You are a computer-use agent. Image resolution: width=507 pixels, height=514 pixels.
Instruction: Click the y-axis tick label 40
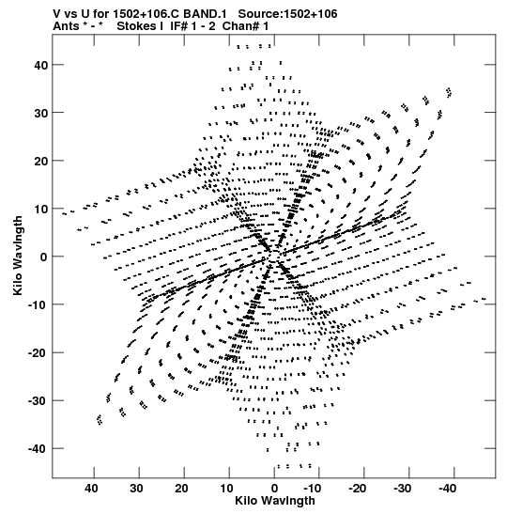pyautogui.click(x=40, y=65)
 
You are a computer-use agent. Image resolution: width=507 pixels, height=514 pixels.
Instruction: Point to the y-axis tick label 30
pyautogui.click(x=40, y=113)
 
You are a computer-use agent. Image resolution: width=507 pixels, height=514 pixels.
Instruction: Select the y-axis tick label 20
pyautogui.click(x=40, y=161)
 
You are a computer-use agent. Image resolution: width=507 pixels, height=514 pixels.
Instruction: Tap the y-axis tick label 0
pyautogui.click(x=44, y=257)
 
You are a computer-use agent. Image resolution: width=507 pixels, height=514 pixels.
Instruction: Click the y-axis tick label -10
pyautogui.click(x=38, y=304)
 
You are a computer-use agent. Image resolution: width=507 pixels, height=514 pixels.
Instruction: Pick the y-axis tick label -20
pyautogui.click(x=38, y=352)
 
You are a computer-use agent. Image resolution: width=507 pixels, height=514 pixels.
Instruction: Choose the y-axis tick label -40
pyautogui.click(x=38, y=448)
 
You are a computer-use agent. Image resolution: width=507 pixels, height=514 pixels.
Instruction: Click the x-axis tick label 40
pyautogui.click(x=91, y=489)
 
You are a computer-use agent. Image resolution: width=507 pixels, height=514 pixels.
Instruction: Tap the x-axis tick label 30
pyautogui.click(x=136, y=489)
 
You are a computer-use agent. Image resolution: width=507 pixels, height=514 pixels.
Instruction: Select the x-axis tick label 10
pyautogui.click(x=226, y=489)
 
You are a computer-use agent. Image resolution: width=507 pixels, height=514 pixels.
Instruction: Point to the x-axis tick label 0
pyautogui.click(x=274, y=489)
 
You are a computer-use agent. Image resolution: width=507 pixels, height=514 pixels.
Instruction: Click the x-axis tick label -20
pyautogui.click(x=357, y=489)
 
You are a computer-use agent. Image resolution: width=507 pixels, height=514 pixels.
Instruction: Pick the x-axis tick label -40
pyautogui.click(x=447, y=489)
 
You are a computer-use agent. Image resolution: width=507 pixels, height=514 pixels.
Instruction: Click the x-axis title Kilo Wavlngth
pyautogui.click(x=275, y=501)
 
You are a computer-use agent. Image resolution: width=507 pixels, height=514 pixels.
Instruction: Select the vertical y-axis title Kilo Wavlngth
pyautogui.click(x=18, y=256)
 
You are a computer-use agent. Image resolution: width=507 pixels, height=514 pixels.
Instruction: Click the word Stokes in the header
pyautogui.click(x=136, y=26)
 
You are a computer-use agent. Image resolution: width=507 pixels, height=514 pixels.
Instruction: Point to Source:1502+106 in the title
pyautogui.click(x=287, y=14)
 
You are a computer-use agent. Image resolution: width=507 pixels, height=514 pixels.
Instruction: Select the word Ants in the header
pyautogui.click(x=66, y=26)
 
